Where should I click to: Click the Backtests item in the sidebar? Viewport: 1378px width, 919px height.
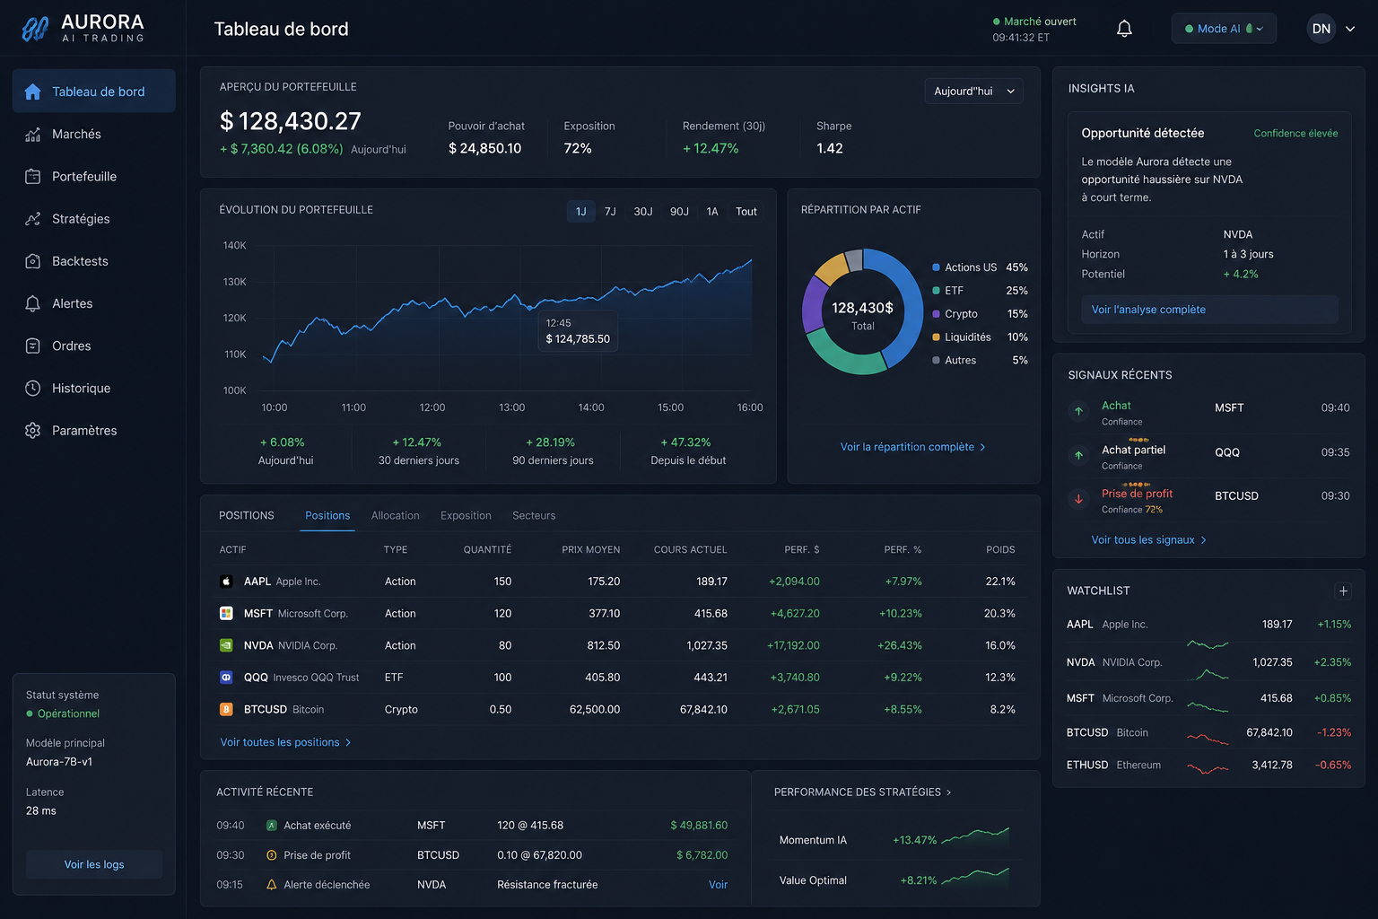[80, 261]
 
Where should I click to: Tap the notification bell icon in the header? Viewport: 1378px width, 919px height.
[1124, 29]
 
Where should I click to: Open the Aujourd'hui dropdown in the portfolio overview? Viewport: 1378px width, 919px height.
[973, 92]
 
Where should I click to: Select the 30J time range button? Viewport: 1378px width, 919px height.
[643, 211]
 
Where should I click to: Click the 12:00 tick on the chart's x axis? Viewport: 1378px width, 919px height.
[432, 407]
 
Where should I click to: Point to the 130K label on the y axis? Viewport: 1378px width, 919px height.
[234, 281]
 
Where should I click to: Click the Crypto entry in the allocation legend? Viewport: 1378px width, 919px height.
[961, 314]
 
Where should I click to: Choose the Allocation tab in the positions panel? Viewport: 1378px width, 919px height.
[395, 515]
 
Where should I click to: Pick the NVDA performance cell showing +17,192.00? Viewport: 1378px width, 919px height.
[793, 645]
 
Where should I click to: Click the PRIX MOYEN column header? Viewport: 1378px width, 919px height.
[590, 549]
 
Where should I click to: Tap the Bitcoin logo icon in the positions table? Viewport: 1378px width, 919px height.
[226, 709]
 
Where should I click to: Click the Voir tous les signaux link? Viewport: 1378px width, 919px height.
[1148, 540]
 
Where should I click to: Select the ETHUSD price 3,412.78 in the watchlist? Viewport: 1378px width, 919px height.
[1271, 765]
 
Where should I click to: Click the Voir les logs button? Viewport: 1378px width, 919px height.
[94, 864]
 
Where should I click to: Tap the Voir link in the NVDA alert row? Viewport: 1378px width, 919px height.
[718, 885]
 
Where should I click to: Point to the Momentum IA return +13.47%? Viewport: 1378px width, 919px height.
[914, 840]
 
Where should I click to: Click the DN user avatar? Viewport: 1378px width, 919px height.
[1321, 29]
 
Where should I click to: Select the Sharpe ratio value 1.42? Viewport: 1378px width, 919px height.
[829, 148]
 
